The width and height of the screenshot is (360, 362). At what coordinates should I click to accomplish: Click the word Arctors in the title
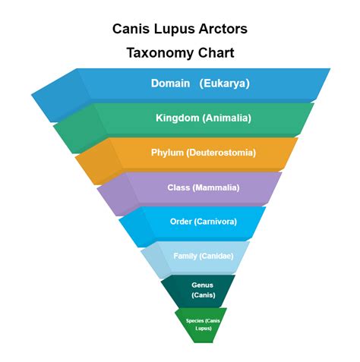[223, 29]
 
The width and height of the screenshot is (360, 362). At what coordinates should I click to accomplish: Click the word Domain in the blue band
[170, 83]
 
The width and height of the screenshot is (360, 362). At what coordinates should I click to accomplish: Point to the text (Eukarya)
[224, 83]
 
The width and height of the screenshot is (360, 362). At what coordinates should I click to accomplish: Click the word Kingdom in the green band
[178, 118]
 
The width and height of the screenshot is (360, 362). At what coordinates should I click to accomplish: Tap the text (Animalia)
[226, 118]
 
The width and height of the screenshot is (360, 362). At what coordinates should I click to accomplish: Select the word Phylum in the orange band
[167, 153]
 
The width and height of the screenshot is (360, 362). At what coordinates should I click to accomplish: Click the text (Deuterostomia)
[221, 153]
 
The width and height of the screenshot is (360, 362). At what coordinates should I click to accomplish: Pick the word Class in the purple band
[178, 187]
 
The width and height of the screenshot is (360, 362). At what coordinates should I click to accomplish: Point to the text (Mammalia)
[216, 187]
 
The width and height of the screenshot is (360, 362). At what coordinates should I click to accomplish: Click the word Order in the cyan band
[181, 222]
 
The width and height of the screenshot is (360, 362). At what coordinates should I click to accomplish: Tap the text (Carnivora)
[216, 222]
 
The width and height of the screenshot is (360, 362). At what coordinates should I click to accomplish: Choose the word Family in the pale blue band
[185, 256]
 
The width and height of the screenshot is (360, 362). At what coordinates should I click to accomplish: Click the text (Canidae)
[216, 256]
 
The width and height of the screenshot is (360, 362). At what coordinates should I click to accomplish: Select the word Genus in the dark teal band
[202, 285]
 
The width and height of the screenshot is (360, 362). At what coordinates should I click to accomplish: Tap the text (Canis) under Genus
[204, 295]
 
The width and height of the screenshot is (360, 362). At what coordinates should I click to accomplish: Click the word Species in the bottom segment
[194, 321]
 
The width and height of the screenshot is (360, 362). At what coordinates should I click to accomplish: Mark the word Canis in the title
[131, 29]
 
